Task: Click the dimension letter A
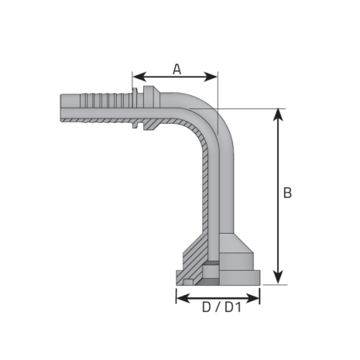pyautogui.click(x=176, y=69)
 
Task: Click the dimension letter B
pyautogui.click(x=286, y=194)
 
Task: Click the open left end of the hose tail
pyautogui.click(x=61, y=107)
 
